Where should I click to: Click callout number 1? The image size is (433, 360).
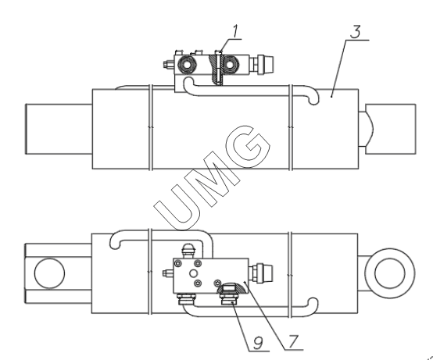coord(235,31)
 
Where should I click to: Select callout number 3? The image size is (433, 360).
coord(356,32)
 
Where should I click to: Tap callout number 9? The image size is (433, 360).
coord(258,344)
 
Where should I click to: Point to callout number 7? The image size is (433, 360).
coord(293,341)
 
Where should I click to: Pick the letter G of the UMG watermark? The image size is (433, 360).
coord(248,146)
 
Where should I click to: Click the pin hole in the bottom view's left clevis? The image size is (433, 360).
coord(49,273)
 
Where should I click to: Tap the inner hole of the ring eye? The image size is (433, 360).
coord(389,273)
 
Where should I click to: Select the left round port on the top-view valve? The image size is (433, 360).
coord(188,65)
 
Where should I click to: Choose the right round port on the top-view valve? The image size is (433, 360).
coord(229,65)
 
